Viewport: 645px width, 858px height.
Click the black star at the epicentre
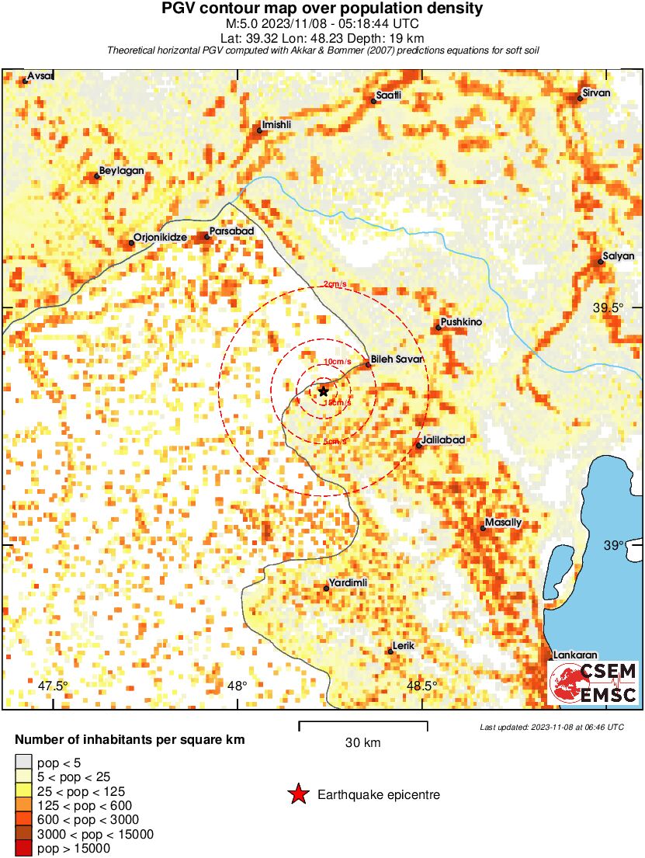pos(324,391)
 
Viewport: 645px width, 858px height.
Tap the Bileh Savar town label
pos(397,360)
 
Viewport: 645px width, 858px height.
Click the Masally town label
pos(503,522)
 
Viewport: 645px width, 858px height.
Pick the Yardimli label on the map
pos(348,582)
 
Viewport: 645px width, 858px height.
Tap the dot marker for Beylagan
pos(97,176)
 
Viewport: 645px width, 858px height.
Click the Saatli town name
pos(388,95)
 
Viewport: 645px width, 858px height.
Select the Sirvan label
pos(596,93)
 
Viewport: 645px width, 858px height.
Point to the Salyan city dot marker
pos(601,262)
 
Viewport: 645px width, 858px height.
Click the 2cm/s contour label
pos(335,284)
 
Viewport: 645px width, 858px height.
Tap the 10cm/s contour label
pos(338,362)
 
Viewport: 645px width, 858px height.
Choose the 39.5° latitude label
pos(608,308)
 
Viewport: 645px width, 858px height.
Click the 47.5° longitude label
pos(53,686)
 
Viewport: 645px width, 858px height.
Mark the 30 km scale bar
pos(363,724)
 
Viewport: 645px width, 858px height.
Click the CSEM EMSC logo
pos(593,683)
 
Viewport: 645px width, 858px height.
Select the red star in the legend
pos(297,794)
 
